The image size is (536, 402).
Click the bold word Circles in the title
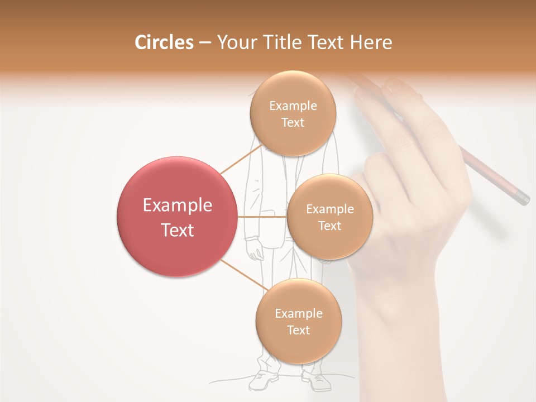[x=164, y=42]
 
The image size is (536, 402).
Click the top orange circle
[x=293, y=113]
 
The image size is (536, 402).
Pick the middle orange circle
[x=329, y=217]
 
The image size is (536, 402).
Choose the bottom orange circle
[x=298, y=321]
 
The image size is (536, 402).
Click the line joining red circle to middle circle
[x=262, y=217]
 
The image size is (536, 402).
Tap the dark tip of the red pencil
[x=523, y=198]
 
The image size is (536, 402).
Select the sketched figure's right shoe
[x=317, y=381]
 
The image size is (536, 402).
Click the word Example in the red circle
[x=178, y=205]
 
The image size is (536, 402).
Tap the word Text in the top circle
[x=293, y=122]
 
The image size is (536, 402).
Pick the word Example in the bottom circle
[x=298, y=313]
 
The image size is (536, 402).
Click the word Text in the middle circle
[x=329, y=226]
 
